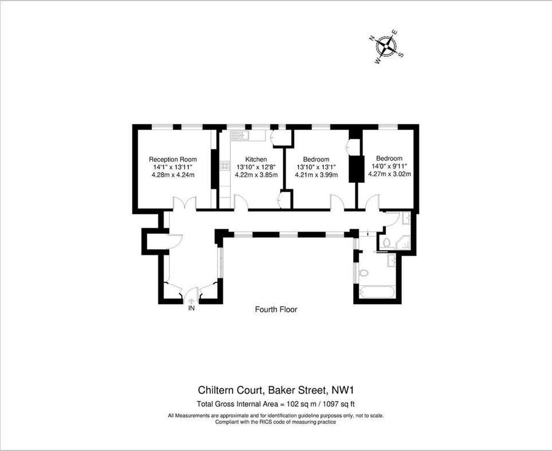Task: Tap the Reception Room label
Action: point(173,159)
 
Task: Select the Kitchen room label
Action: point(256,159)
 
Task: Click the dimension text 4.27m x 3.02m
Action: point(389,174)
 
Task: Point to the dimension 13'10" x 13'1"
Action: point(316,167)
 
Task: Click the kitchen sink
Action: point(238,135)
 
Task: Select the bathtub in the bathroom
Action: point(376,292)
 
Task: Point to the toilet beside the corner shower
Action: point(386,243)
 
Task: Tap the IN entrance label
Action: point(192,308)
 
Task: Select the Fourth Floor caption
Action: point(276,309)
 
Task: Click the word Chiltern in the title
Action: point(217,390)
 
